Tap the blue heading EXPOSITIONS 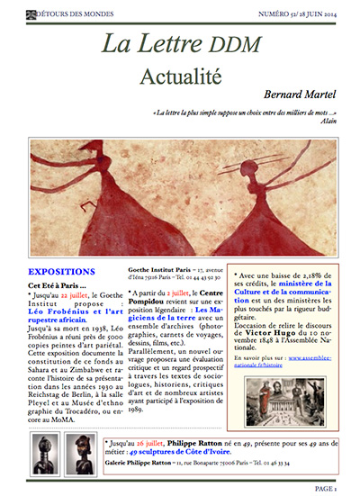tap(60, 271)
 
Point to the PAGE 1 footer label tap(326, 488)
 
